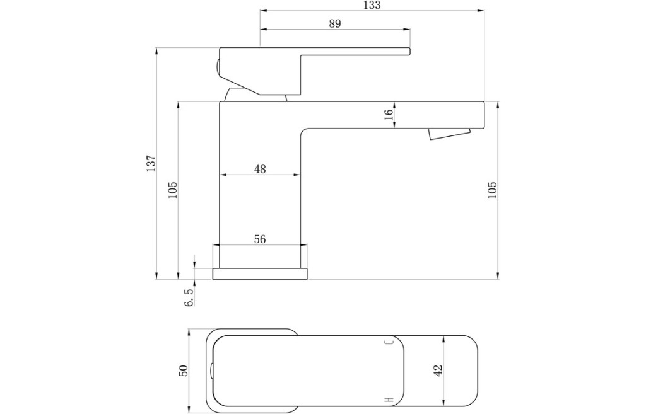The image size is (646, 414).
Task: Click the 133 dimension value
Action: coord(372,5)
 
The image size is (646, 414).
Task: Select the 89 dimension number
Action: coord(335,24)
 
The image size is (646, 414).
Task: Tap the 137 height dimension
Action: coord(151,163)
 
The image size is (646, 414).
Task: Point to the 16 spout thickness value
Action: coord(389,115)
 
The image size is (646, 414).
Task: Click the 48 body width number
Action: coord(260,169)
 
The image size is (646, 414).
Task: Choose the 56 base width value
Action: coord(260,239)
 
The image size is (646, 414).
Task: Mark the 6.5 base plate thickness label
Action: coord(189,297)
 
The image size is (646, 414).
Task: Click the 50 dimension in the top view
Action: coord(183,371)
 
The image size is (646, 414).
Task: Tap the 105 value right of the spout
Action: coord(492,190)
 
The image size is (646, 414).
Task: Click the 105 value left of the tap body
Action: coord(172,190)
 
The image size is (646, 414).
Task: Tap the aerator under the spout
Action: coord(449,134)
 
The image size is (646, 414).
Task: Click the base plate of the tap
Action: coord(260,273)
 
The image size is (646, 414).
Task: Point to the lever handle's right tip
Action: coord(410,51)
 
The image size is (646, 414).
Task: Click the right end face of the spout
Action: coord(484,115)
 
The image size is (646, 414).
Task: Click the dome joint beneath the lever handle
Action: coord(255,95)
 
